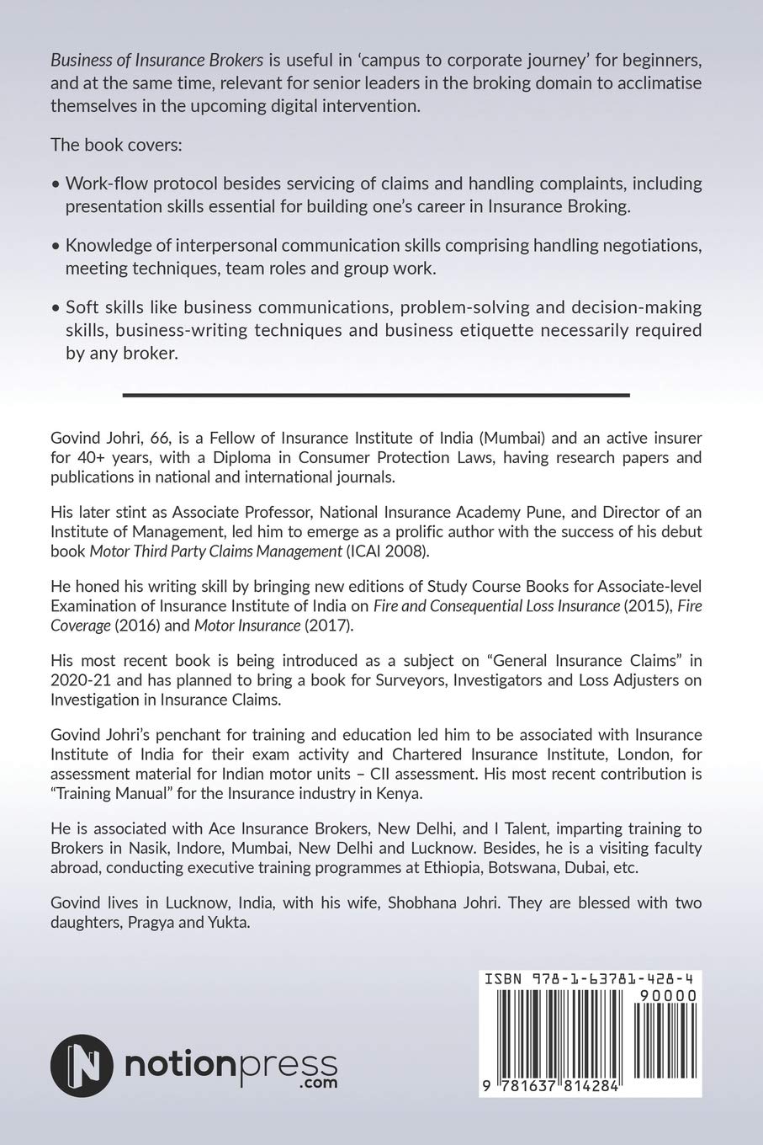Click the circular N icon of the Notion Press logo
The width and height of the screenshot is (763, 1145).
pyautogui.click(x=82, y=1066)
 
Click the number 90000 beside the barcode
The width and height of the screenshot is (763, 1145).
pyautogui.click(x=667, y=995)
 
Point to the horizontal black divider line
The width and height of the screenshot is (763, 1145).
pyautogui.click(x=376, y=394)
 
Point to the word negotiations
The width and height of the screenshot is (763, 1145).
pyautogui.click(x=647, y=246)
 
